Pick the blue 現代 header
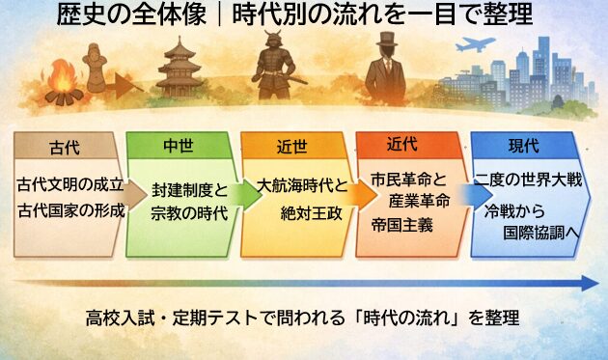523,146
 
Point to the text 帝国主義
402,225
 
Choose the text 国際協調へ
546,232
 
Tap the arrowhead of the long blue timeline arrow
591,283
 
